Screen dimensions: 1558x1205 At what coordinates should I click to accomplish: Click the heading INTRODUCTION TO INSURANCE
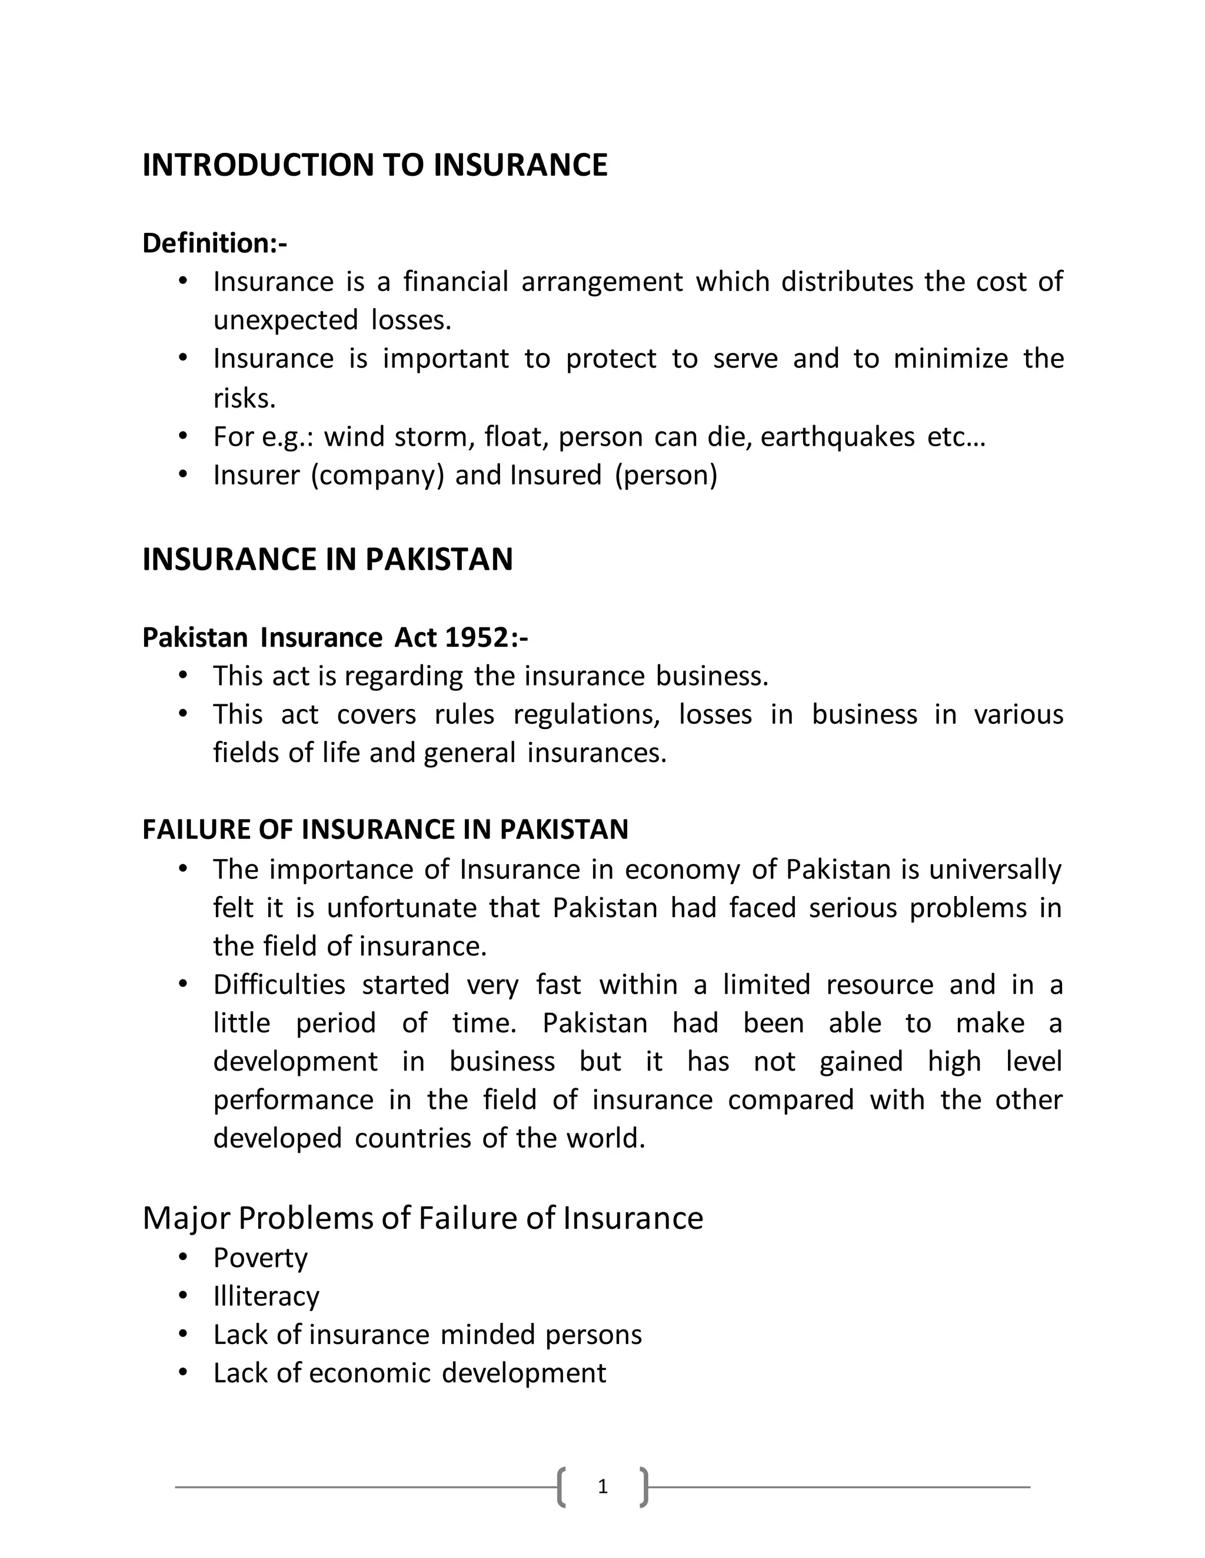coord(375,166)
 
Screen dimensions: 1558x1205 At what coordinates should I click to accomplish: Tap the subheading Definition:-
coord(215,243)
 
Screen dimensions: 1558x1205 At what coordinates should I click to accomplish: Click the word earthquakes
coord(837,437)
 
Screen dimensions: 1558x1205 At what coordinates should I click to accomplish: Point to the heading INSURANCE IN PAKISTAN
coord(328,559)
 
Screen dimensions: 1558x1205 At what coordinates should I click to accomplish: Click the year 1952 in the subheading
coord(476,637)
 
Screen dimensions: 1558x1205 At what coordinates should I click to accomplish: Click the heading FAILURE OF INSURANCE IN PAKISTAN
coord(385,830)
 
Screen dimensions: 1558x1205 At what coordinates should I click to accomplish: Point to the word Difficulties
coord(279,985)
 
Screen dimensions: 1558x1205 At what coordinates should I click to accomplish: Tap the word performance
coord(292,1100)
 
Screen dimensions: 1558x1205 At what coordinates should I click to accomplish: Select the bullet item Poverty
coord(260,1258)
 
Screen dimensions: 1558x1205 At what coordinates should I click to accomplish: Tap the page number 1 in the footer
coord(602,1487)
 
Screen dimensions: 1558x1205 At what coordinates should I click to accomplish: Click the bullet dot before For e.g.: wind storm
coord(183,435)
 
